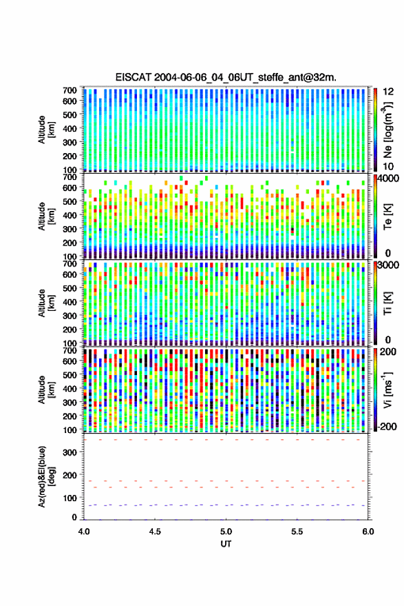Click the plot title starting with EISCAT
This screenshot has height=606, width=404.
[226, 77]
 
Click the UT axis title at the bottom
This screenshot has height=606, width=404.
[226, 544]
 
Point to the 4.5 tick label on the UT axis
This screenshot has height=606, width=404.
[155, 532]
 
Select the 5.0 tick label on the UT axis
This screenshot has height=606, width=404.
[226, 532]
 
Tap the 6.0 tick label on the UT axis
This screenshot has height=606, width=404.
[368, 532]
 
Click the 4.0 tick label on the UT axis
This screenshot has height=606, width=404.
[84, 532]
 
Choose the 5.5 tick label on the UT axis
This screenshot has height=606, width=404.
[297, 532]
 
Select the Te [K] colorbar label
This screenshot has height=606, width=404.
[387, 216]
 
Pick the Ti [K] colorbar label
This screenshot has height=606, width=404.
[387, 303]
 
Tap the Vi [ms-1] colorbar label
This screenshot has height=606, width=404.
[387, 390]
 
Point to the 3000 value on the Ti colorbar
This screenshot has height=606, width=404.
[389, 265]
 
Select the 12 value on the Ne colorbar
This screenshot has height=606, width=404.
[388, 92]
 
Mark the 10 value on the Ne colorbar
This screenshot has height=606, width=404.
[388, 167]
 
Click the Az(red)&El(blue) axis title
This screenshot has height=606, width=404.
[45, 476]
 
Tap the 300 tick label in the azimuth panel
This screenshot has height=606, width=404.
[70, 452]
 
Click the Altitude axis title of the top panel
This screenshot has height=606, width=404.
[45, 130]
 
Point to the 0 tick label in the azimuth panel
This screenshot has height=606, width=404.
[74, 517]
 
